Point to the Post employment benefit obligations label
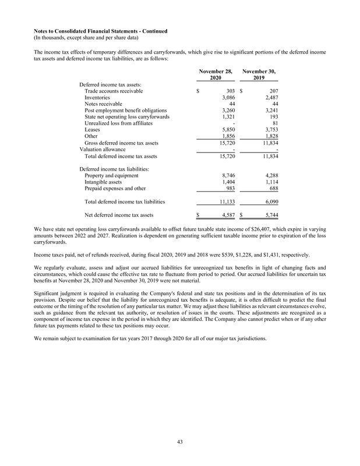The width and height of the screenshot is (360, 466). pyautogui.click(x=126, y=109)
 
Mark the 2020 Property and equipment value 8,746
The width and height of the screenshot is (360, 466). pyautogui.click(x=227, y=175)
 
